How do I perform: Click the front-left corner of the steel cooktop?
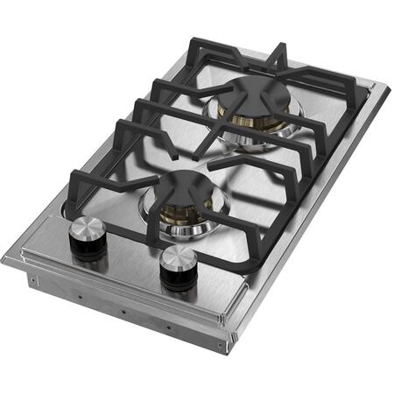pos(7,257)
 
